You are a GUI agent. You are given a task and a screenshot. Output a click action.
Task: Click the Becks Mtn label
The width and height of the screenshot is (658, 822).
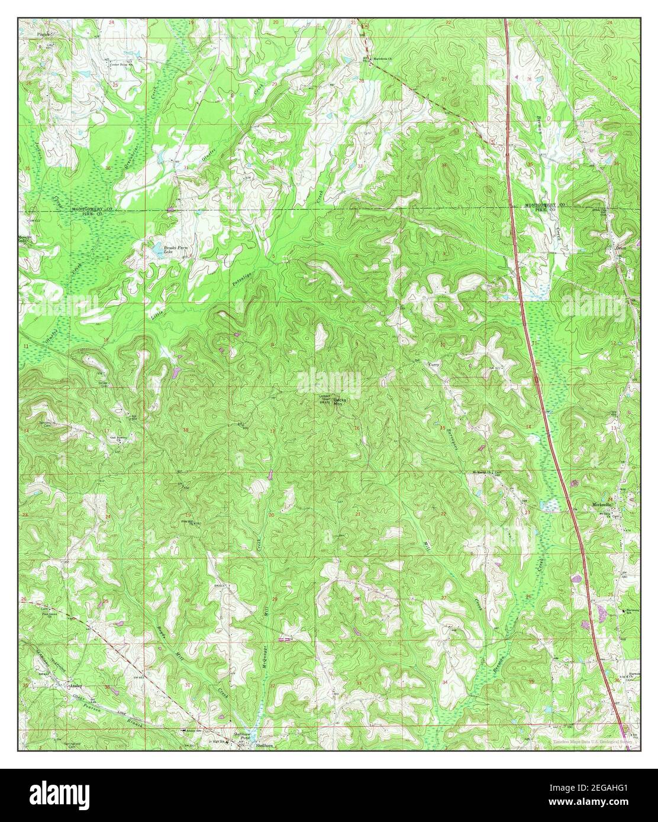coord(342,402)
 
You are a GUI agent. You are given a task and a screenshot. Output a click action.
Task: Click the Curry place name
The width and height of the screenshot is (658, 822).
coord(433,365)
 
